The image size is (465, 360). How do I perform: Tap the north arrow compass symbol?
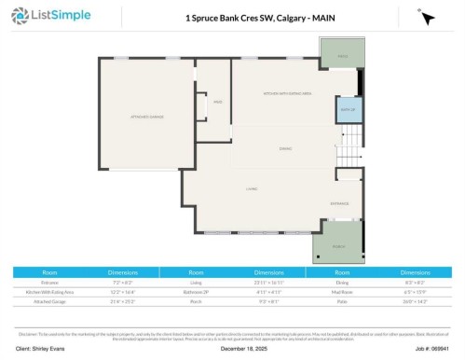tap(427, 18)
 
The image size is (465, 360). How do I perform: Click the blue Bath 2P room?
tap(346, 110)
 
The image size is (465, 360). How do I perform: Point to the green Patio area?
tap(340, 55)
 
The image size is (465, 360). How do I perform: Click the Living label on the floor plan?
tap(252, 188)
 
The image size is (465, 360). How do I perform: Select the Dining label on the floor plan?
tap(285, 149)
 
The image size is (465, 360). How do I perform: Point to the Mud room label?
tap(217, 102)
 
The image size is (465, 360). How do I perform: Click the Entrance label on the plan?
tap(338, 202)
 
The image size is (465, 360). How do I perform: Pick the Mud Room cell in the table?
tap(344, 290)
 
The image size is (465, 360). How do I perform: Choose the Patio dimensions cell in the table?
tap(416, 301)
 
